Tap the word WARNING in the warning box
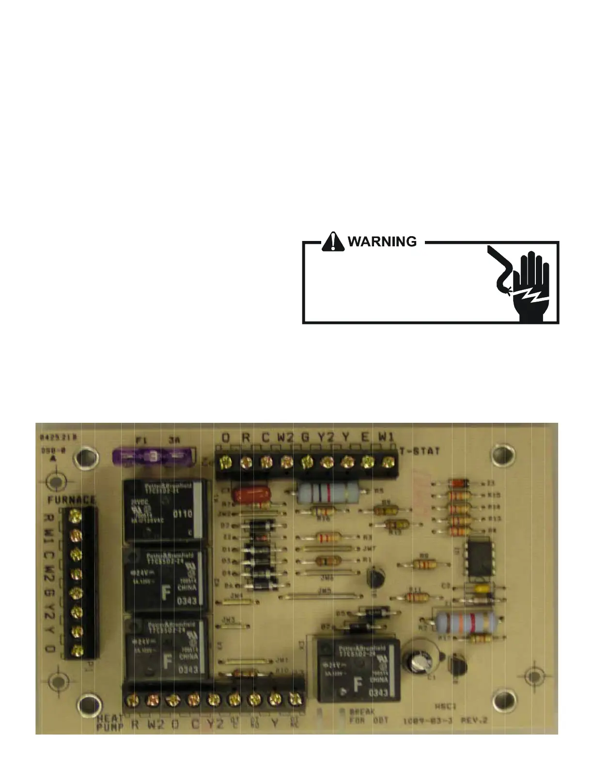382,241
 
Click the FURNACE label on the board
71,500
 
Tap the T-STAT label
420,451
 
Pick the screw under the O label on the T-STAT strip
225,462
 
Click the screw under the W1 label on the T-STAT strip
387,462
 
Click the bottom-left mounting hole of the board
87,703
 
